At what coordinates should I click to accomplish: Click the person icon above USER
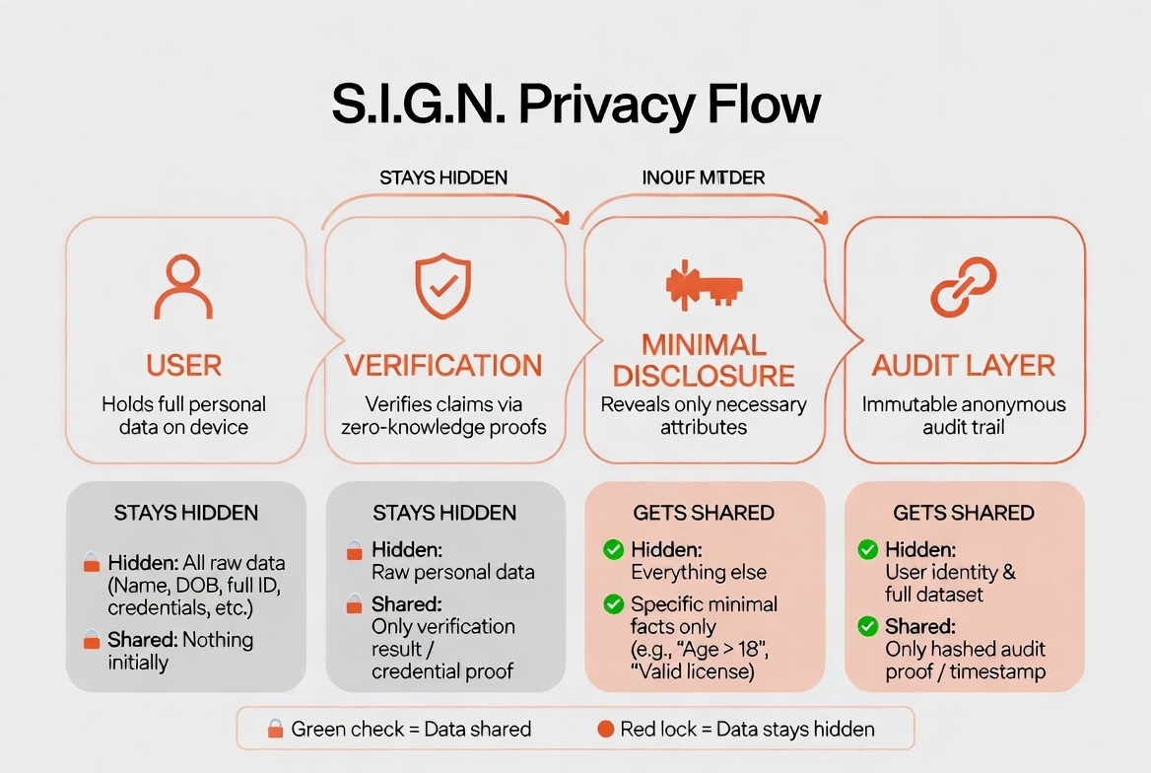coord(184,287)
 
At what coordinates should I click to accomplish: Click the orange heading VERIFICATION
coord(443,366)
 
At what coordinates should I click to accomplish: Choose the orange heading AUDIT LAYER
coord(964,366)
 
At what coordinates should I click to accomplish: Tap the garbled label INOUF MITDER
coord(704,177)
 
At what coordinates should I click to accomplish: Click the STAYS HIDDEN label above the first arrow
coord(443,177)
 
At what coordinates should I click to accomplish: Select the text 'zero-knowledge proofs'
coord(443,427)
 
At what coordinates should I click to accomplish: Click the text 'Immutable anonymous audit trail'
coord(964,416)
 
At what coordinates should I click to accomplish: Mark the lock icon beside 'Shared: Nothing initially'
coord(92,640)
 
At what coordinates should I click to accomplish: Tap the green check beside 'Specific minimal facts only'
coord(613,604)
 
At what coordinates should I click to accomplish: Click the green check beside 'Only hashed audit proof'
coord(868,626)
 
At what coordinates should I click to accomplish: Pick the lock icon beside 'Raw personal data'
coord(353,551)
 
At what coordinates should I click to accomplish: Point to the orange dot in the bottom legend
coord(606,730)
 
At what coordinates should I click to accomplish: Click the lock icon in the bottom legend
coord(276,730)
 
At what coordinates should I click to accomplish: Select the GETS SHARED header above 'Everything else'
coord(704,513)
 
